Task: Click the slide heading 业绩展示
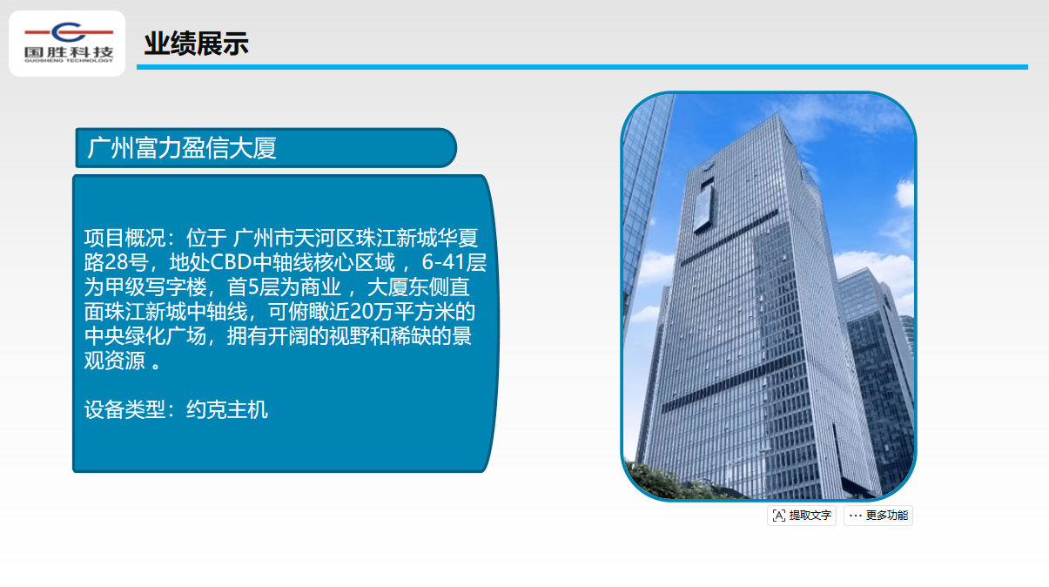click(x=196, y=44)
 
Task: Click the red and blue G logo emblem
click(x=69, y=32)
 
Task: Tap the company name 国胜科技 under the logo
click(x=69, y=52)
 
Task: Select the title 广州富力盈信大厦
click(x=182, y=148)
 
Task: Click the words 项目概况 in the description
click(x=125, y=238)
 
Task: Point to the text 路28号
click(x=117, y=262)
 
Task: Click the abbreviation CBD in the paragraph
click(x=231, y=262)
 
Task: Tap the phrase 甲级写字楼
click(x=156, y=287)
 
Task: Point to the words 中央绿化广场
click(x=145, y=335)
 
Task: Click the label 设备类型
click(x=125, y=409)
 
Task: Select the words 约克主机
click(x=227, y=409)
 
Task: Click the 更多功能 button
click(x=878, y=516)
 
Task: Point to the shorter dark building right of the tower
click(x=877, y=374)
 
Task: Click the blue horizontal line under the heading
click(x=582, y=67)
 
